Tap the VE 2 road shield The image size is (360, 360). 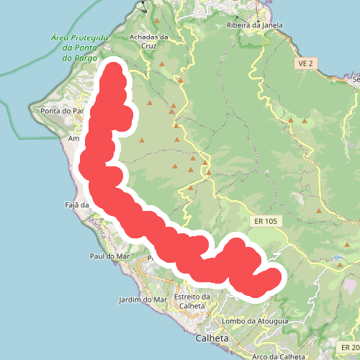coord(305,64)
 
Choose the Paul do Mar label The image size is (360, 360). coord(109,256)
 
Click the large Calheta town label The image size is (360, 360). coord(212,338)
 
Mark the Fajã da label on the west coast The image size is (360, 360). coord(76,204)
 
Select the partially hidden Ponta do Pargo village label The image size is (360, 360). coord(65,111)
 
